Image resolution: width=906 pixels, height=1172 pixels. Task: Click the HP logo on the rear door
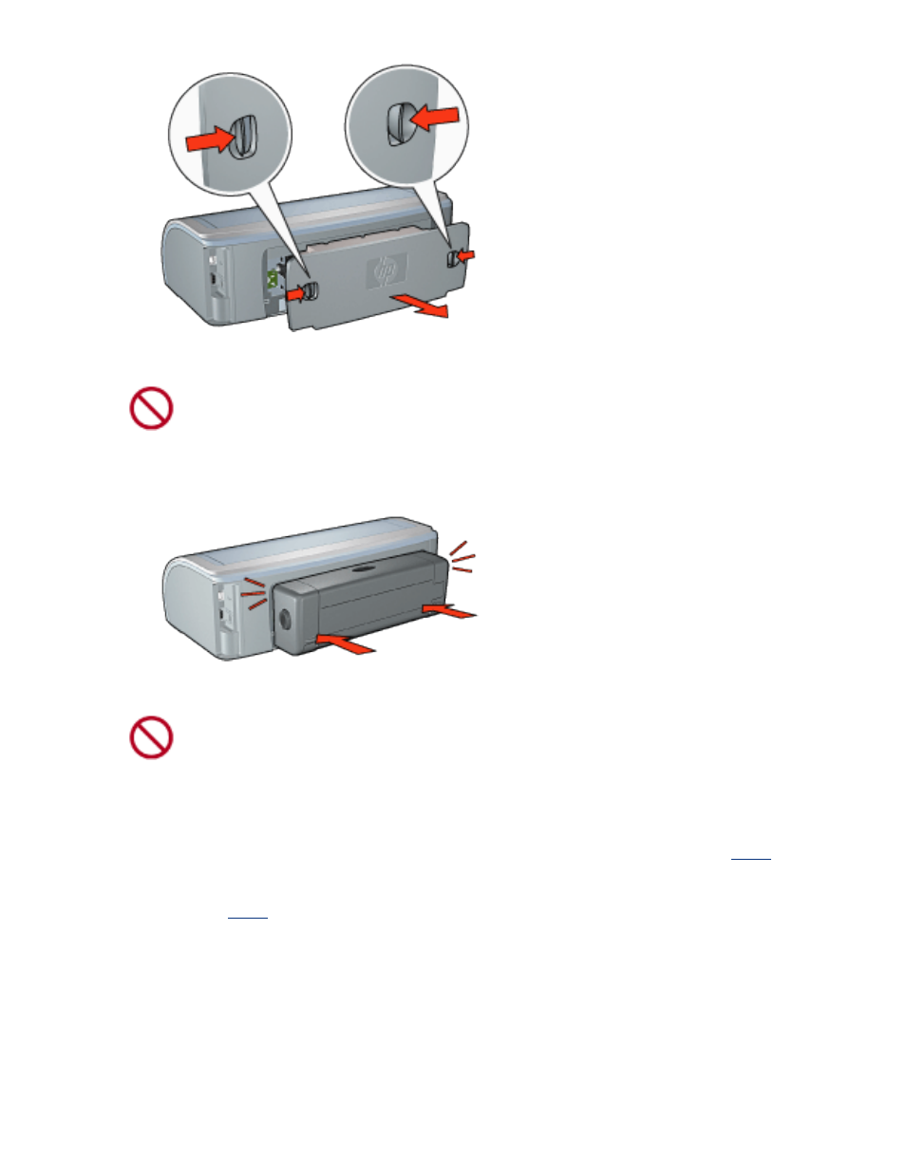(x=387, y=272)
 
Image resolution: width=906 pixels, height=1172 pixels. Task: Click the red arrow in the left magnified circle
(x=210, y=140)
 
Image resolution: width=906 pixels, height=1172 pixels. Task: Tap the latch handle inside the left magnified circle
(x=242, y=135)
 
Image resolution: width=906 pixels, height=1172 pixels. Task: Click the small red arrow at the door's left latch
(x=298, y=294)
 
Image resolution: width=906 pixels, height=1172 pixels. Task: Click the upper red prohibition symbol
(x=151, y=409)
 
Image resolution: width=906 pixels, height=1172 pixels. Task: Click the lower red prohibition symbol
(x=151, y=737)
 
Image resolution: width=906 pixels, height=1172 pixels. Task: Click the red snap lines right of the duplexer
(x=462, y=556)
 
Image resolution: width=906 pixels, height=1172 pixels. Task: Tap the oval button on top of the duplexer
(x=362, y=569)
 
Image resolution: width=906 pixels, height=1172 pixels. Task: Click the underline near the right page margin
(x=750, y=859)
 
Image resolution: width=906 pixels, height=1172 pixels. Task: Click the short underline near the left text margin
(x=248, y=918)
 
